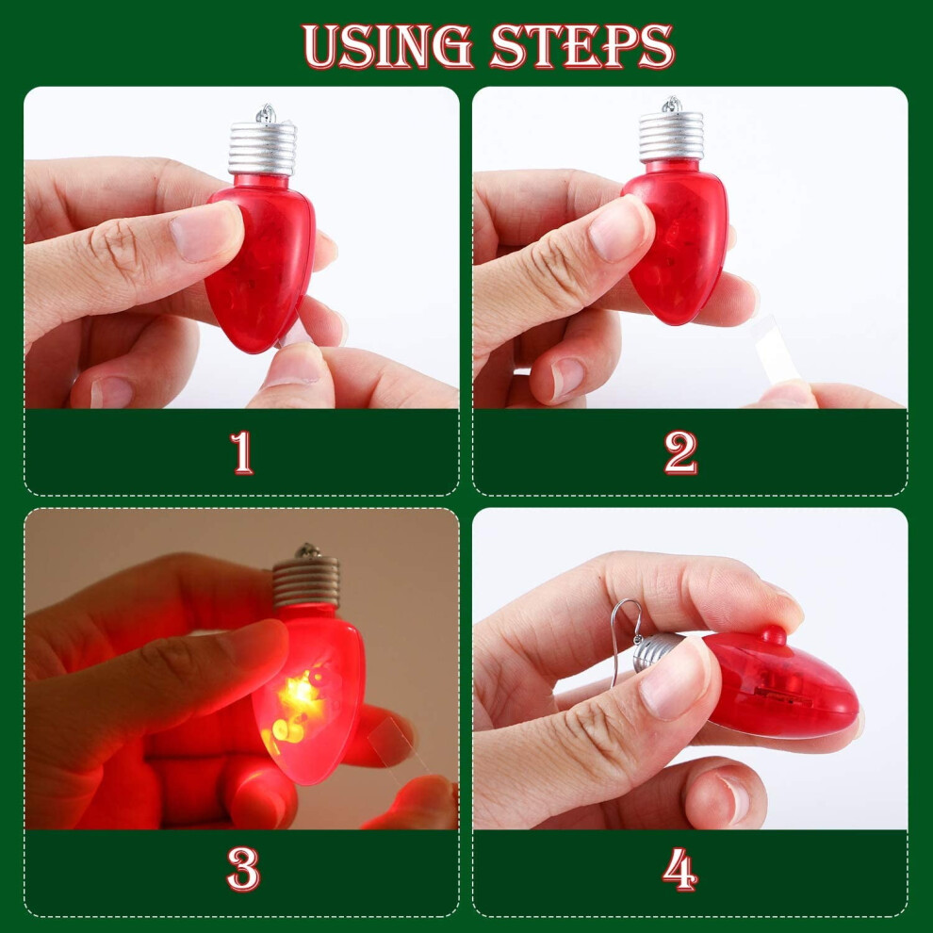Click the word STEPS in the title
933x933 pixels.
(x=581, y=46)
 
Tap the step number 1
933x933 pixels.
(x=241, y=452)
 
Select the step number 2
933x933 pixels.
(x=680, y=452)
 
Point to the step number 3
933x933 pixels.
(x=243, y=869)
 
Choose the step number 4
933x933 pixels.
(x=679, y=869)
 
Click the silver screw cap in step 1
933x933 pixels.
(x=262, y=148)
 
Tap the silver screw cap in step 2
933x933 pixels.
(x=671, y=137)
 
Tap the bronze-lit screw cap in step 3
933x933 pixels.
(x=306, y=581)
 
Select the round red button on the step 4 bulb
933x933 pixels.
(x=774, y=635)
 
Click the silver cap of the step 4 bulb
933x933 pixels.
(x=655, y=653)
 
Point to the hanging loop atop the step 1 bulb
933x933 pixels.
(x=266, y=113)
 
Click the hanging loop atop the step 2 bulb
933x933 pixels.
(x=672, y=104)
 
